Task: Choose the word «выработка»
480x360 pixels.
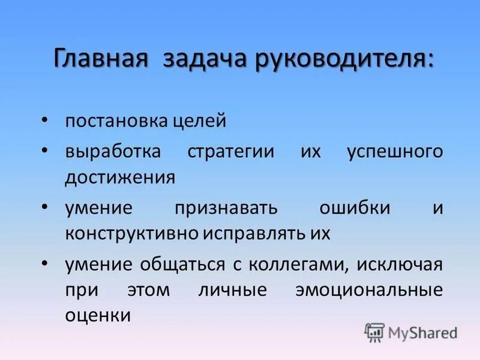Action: [x=113, y=151]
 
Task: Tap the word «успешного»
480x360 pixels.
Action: [x=395, y=151]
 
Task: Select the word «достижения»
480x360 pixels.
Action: [x=121, y=178]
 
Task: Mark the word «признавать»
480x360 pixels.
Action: [x=227, y=208]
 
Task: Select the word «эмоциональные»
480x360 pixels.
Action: [x=369, y=290]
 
